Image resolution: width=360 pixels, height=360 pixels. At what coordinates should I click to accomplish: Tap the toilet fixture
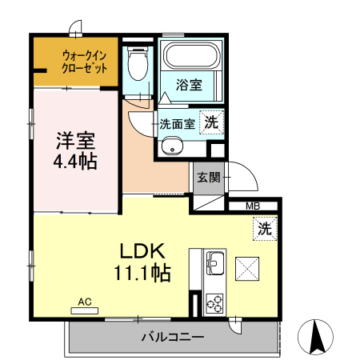tap(138, 63)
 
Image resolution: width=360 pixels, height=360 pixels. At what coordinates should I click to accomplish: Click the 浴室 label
tap(190, 84)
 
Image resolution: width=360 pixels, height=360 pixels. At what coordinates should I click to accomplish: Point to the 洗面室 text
tap(176, 124)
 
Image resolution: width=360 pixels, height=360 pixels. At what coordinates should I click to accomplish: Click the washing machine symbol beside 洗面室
tap(210, 122)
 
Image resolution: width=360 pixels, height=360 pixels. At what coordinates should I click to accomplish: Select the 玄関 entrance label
tap(208, 178)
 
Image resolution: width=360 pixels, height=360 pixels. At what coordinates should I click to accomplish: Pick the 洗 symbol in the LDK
tap(266, 229)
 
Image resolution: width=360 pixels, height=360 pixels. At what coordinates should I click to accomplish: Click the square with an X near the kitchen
tap(246, 267)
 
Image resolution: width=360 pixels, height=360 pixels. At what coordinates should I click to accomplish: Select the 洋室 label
tap(75, 141)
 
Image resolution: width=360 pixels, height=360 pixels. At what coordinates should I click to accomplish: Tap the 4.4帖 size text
tap(75, 162)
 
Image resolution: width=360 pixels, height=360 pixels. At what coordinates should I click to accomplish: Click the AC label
tap(84, 302)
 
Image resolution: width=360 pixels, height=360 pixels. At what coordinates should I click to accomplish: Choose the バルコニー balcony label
tap(172, 337)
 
